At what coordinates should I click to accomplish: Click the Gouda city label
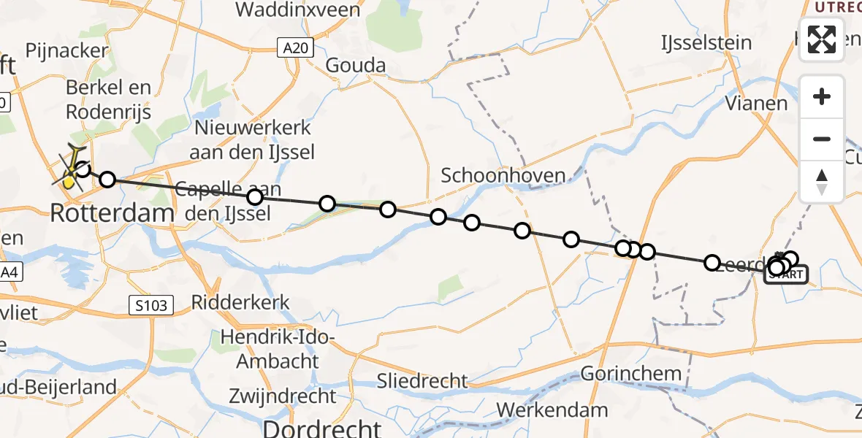[355, 66]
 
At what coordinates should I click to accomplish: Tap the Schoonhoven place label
[503, 175]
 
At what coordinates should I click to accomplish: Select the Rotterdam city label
[112, 213]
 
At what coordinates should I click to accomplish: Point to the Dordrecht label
[322, 427]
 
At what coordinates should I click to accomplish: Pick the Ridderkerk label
[240, 302]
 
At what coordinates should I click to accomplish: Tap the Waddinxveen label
[298, 10]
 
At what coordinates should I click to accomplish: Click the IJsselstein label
[706, 42]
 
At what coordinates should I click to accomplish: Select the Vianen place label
[756, 103]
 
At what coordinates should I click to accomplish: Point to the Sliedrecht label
[422, 380]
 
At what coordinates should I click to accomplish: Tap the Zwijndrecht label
[282, 396]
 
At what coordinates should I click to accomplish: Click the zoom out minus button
[822, 139]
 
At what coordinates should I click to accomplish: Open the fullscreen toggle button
[822, 39]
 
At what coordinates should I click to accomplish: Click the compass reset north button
[822, 181]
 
